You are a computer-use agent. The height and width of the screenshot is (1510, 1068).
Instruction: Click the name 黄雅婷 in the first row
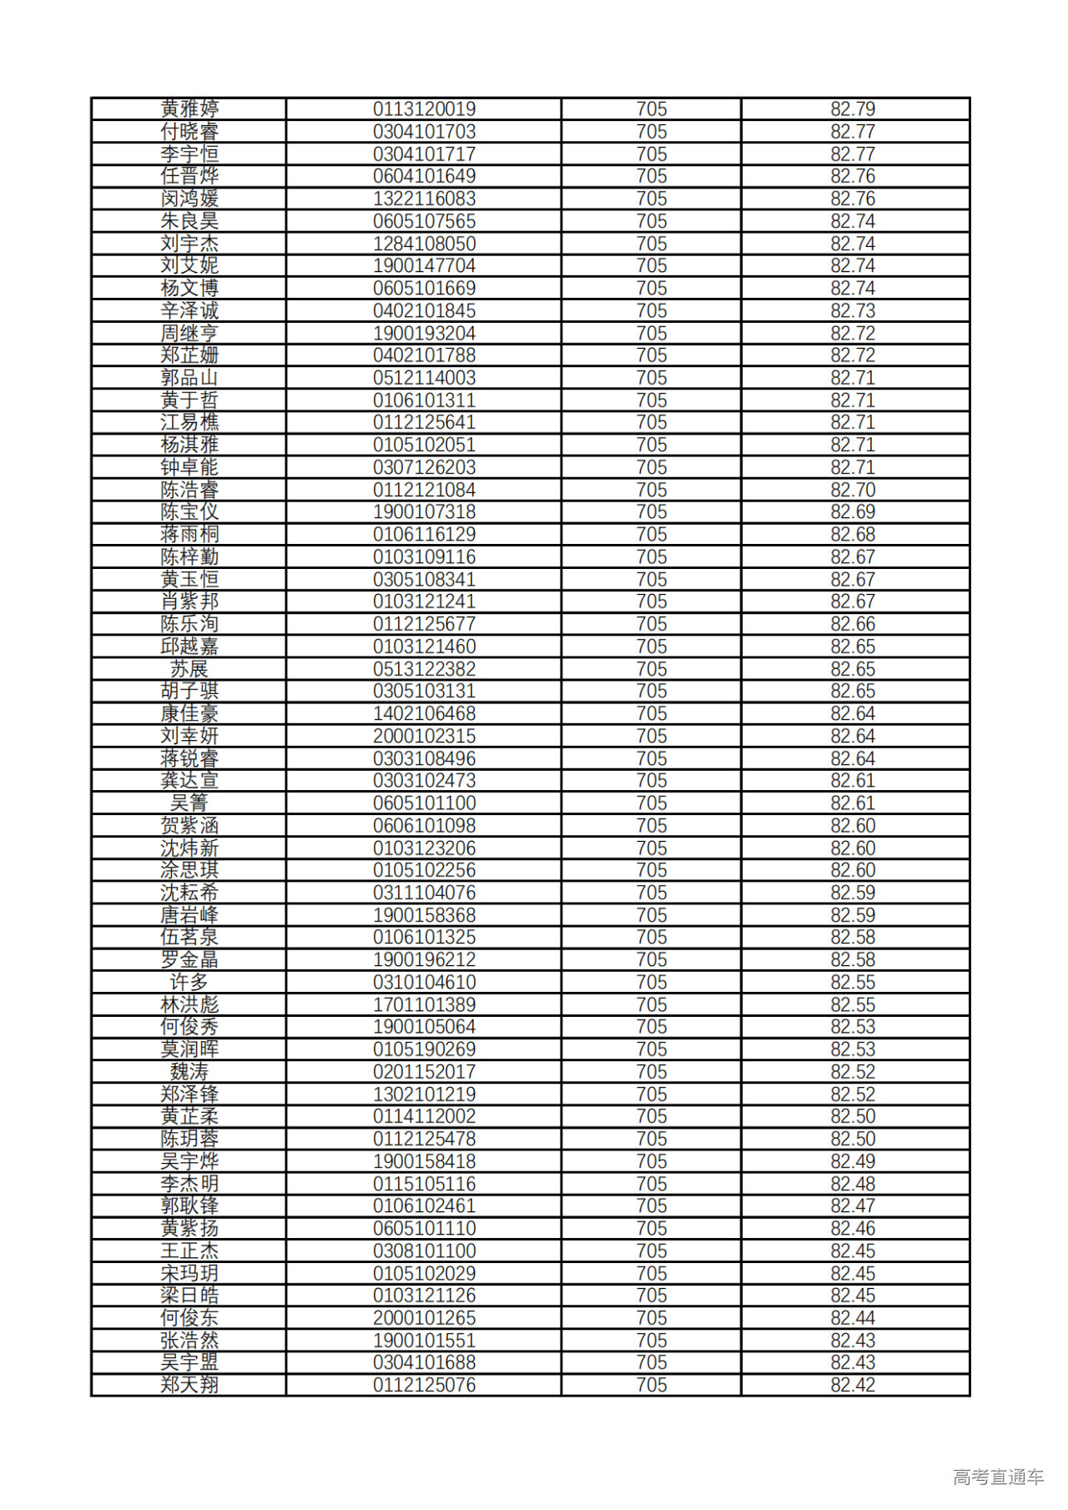click(189, 109)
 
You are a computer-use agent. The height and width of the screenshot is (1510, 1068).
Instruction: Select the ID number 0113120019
click(424, 109)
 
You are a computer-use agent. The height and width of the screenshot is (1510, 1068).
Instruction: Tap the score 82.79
click(852, 109)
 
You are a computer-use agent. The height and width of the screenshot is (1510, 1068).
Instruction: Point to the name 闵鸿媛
click(189, 199)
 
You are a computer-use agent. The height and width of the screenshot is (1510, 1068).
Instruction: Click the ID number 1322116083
click(424, 199)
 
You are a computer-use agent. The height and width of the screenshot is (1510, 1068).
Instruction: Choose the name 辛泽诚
click(189, 310)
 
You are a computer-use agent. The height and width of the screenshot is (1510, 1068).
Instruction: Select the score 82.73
click(852, 310)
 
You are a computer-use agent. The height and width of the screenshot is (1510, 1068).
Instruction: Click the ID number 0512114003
click(424, 378)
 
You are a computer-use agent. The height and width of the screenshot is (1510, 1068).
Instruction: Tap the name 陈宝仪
click(189, 512)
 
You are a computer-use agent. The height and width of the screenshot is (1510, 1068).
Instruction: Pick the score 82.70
click(852, 490)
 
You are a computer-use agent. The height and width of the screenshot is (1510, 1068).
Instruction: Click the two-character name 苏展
click(189, 669)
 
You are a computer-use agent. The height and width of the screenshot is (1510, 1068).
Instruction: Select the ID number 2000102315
click(424, 736)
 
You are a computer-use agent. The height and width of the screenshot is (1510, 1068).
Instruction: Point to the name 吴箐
click(189, 803)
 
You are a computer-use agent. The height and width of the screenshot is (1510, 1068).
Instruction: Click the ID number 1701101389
click(424, 1004)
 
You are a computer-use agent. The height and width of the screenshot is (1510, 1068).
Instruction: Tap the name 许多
click(189, 982)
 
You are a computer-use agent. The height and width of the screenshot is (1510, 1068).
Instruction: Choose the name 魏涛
click(189, 1072)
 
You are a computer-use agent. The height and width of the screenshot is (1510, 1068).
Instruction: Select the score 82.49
click(852, 1161)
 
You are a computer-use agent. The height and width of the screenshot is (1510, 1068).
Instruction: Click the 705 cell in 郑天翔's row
click(651, 1385)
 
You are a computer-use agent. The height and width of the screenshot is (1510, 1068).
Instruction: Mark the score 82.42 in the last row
click(852, 1385)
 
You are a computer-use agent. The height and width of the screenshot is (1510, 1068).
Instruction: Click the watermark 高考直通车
click(998, 1477)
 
